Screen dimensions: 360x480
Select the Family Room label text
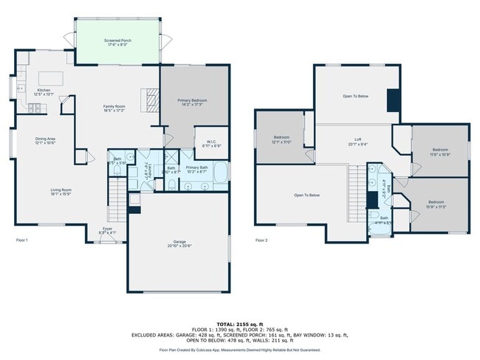[113, 108]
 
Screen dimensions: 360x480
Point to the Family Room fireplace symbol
[151, 98]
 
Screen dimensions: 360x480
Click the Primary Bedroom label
[191, 102]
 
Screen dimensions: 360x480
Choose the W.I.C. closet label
[210, 144]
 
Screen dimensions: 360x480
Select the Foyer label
[108, 231]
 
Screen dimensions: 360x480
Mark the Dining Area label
[46, 140]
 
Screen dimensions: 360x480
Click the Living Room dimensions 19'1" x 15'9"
[61, 194]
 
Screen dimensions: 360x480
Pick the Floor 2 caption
[262, 240]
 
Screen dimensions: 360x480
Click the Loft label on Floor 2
[357, 140]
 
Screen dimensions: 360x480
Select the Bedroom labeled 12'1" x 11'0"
[282, 139]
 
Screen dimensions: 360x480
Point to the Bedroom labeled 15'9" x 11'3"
[436, 204]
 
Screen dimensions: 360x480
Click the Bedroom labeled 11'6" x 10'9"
[439, 153]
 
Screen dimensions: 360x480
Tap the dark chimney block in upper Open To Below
[394, 99]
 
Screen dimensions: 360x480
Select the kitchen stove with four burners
[33, 107]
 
